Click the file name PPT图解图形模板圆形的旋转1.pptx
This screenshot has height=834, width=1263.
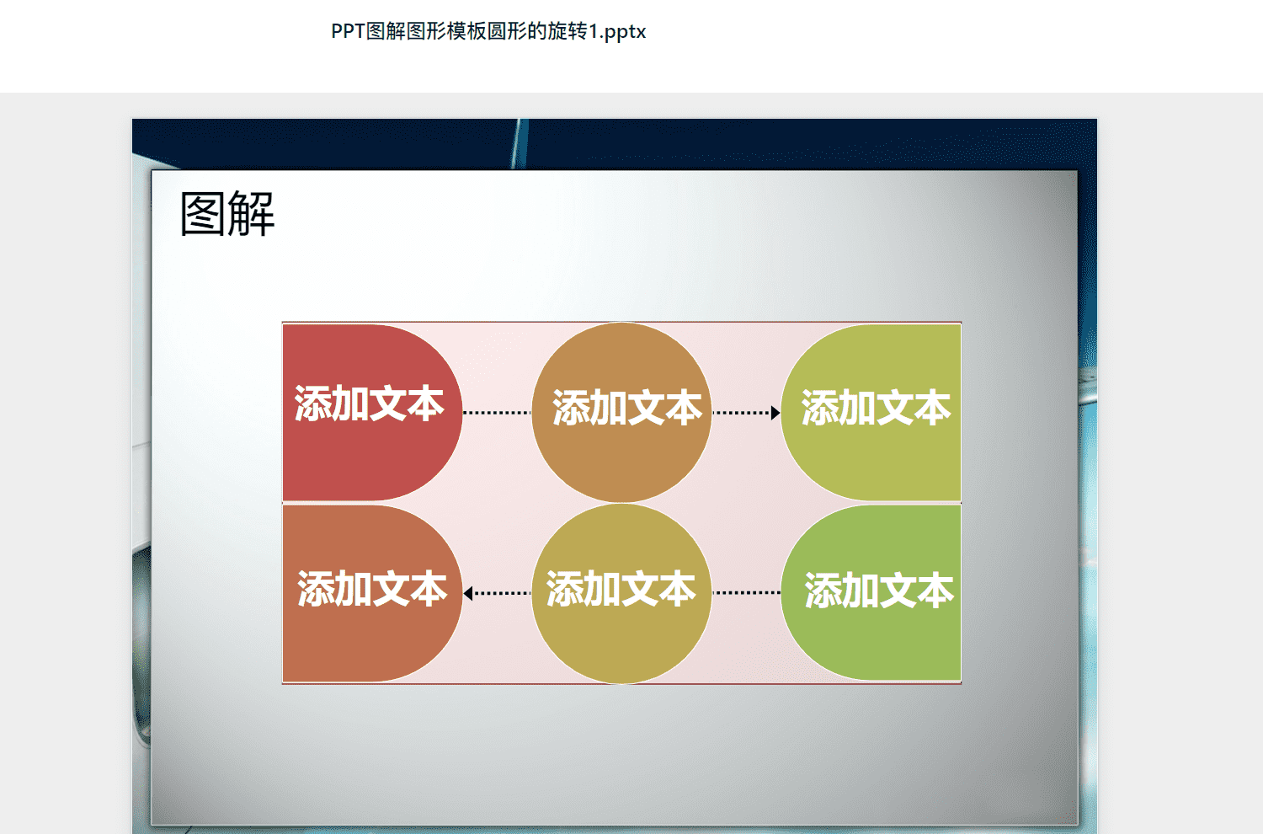[488, 31]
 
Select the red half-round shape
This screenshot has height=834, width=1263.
[372, 413]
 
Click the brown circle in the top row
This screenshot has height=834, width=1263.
[621, 413]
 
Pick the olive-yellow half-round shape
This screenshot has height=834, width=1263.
[871, 413]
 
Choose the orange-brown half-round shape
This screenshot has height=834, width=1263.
[372, 593]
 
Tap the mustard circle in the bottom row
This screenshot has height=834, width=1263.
[621, 593]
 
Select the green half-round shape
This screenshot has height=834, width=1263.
[871, 592]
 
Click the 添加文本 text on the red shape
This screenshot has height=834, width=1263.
[370, 404]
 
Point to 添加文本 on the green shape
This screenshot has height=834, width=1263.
[879, 591]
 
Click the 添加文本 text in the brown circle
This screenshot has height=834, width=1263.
[627, 407]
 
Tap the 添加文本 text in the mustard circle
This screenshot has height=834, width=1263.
[621, 589]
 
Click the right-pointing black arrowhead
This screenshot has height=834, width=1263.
[775, 413]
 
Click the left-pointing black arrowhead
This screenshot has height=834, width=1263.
[468, 593]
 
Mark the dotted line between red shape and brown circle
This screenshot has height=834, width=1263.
[497, 413]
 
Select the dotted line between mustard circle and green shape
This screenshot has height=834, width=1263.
[747, 592]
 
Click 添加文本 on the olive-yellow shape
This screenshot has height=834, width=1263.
[876, 407]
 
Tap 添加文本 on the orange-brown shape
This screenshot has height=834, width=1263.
[372, 589]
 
